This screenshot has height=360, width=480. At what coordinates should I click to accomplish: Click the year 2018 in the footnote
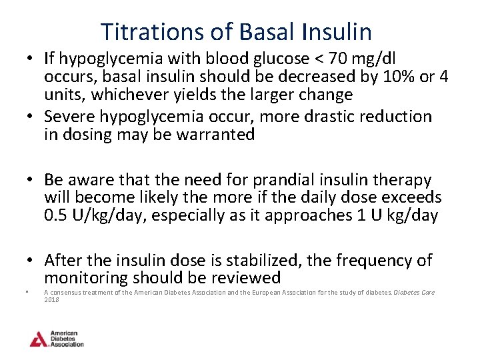point(51,300)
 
